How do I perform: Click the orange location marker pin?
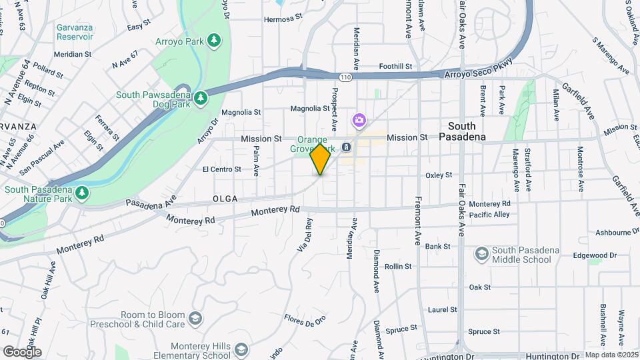(321, 159)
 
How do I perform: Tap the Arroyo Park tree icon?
(214, 41)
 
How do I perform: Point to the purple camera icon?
(359, 121)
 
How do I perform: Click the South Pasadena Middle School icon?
(481, 254)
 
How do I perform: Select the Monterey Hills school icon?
(241, 349)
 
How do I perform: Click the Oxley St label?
(439, 175)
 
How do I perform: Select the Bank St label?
(438, 246)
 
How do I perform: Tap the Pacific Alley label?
(489, 215)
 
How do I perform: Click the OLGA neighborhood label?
(225, 199)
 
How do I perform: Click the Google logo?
(22, 351)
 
